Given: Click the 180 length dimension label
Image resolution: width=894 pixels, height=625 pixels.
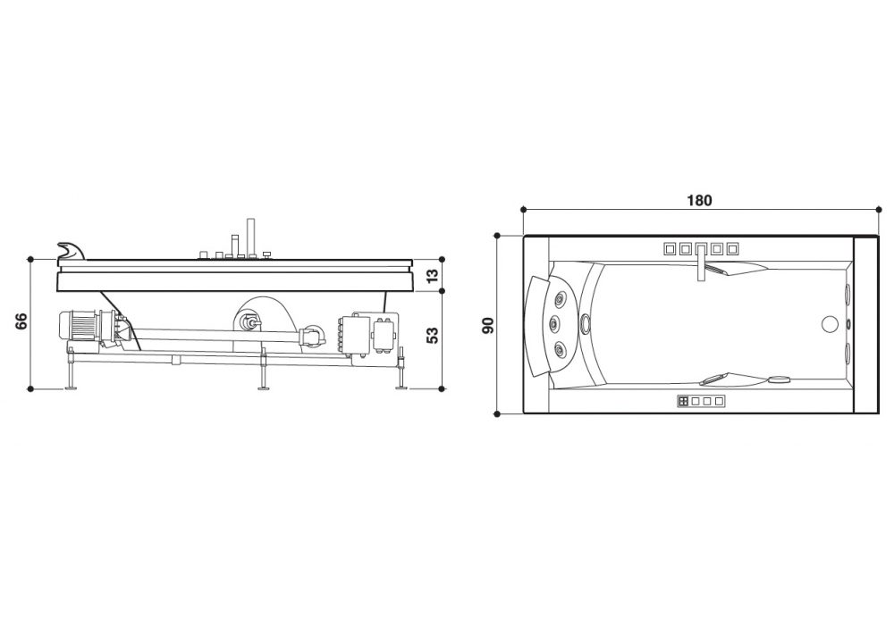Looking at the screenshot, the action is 699,200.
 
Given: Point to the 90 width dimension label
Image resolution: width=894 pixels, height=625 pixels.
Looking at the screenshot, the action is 488,325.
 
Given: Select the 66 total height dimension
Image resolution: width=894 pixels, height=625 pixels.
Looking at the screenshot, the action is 21,321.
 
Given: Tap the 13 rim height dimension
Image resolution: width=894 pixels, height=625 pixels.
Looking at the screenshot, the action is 434,276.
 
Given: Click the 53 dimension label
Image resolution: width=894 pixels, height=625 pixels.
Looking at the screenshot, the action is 434,336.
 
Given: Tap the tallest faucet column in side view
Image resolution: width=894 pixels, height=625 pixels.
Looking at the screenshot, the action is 250,237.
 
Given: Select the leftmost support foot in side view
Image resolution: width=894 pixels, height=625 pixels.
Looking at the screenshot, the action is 72,376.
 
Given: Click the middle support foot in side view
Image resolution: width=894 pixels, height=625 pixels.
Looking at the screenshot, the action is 263,373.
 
